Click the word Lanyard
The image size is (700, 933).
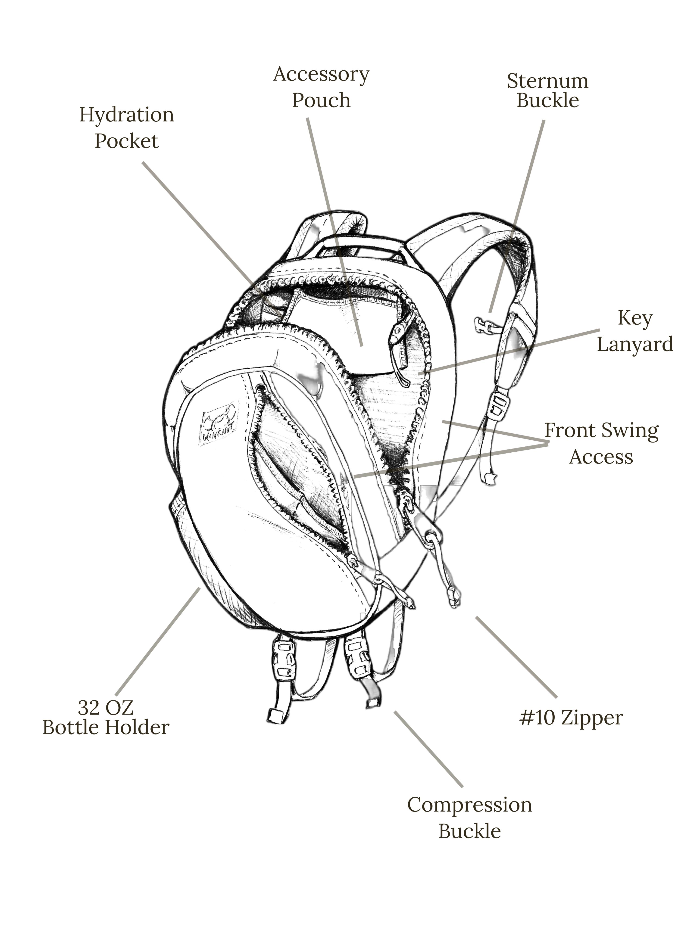634,345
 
